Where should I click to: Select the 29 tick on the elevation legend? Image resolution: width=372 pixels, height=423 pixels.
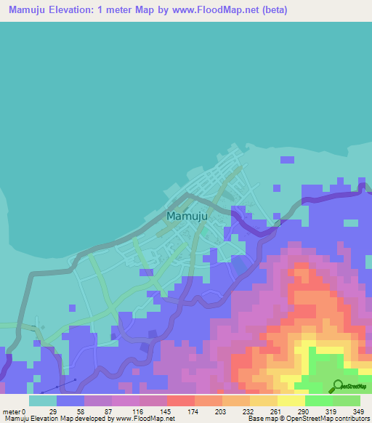53,411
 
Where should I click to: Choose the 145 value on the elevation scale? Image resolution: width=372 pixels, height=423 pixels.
166,411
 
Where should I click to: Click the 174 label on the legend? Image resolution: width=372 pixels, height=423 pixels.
193,411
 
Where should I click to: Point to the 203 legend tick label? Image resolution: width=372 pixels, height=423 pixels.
222,411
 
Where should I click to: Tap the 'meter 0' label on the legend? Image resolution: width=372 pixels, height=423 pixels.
15,411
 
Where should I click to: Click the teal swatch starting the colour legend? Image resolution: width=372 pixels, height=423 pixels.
43,400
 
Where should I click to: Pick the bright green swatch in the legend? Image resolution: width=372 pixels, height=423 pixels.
319,400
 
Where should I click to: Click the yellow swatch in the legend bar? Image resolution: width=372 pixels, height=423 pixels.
291,400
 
